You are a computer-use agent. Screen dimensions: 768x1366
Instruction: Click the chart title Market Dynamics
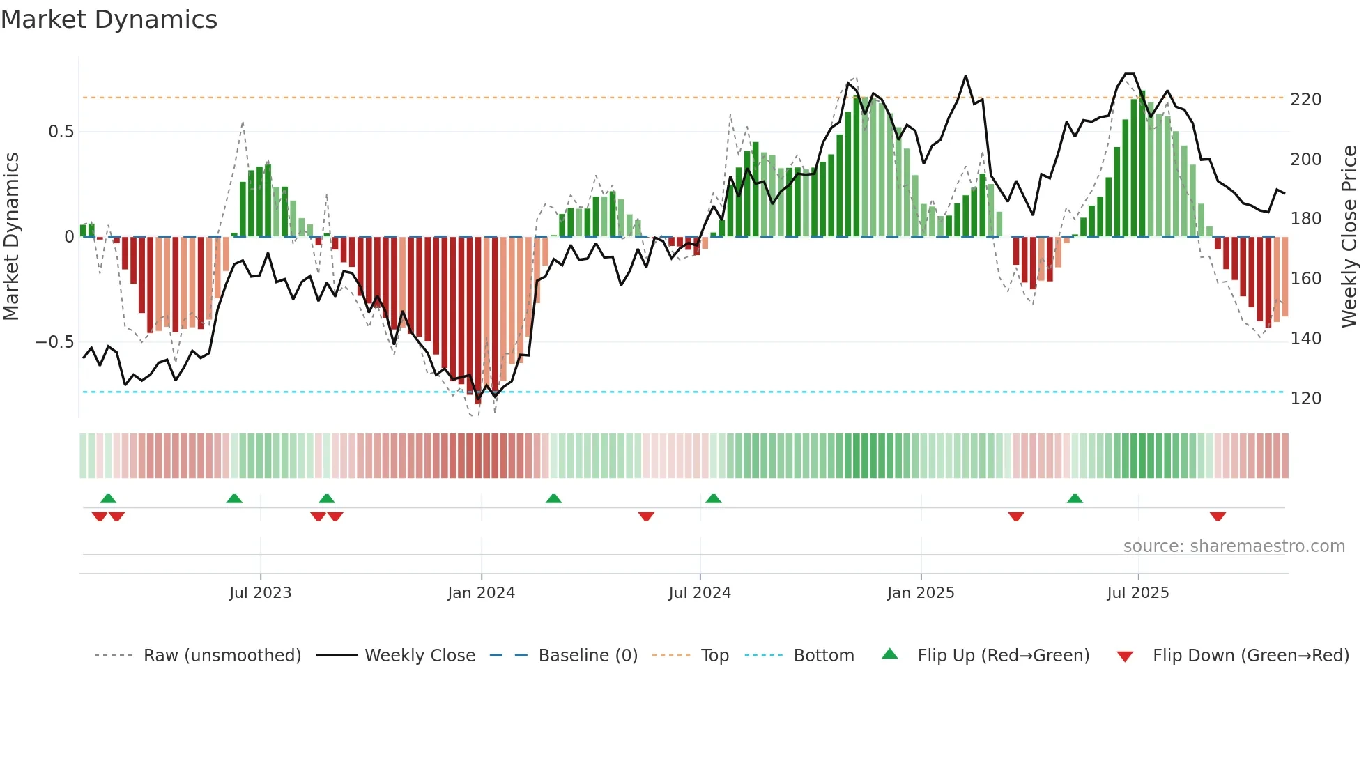point(109,20)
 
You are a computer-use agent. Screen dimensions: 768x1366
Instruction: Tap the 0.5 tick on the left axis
point(61,132)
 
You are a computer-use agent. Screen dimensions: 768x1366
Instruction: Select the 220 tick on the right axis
point(1305,100)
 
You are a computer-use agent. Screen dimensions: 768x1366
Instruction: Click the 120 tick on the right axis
point(1305,399)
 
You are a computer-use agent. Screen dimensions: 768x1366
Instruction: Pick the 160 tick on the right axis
point(1305,279)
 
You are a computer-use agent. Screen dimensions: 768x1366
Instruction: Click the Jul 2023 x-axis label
point(260,593)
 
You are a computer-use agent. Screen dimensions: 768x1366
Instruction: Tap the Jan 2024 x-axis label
point(481,593)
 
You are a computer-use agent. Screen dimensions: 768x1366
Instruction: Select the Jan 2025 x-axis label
point(920,593)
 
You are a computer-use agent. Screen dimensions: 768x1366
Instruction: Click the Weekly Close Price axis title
point(1349,237)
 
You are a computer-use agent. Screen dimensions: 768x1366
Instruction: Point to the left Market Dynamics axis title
point(11,237)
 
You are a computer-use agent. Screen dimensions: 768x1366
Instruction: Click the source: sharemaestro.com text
point(1234,546)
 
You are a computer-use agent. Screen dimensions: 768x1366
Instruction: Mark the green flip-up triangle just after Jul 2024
point(713,499)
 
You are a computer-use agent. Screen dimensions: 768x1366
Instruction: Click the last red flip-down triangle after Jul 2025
point(1218,516)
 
